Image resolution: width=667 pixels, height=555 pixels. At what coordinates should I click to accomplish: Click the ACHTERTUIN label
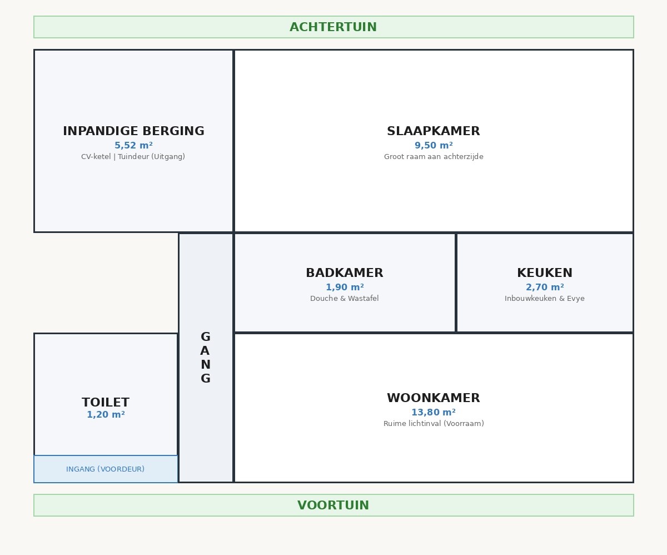click(x=333, y=27)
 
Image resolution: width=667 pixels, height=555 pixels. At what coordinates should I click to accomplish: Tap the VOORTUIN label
click(x=333, y=506)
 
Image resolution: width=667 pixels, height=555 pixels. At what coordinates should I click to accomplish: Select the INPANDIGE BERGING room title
click(x=133, y=131)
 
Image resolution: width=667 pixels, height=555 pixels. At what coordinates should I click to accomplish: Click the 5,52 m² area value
click(x=133, y=146)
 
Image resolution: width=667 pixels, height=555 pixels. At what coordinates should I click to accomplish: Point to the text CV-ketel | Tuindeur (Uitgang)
click(x=133, y=157)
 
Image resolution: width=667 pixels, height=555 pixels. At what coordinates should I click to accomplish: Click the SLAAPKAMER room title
click(x=434, y=131)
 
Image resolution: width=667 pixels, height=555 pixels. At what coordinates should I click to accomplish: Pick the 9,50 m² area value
click(x=434, y=146)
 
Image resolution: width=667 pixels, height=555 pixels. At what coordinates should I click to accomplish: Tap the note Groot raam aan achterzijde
click(x=434, y=157)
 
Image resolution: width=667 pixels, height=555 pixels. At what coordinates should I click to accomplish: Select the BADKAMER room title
click(x=345, y=273)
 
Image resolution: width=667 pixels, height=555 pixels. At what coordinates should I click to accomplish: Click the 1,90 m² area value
click(x=345, y=288)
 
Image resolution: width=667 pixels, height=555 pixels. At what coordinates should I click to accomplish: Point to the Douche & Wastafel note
click(x=345, y=299)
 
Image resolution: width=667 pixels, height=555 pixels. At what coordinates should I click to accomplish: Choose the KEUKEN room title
click(x=545, y=273)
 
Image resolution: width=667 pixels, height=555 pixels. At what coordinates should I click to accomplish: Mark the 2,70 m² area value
click(x=545, y=288)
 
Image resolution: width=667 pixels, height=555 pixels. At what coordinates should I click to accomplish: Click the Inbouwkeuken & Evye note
click(x=545, y=299)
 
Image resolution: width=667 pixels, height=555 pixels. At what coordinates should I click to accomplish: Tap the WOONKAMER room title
click(x=434, y=398)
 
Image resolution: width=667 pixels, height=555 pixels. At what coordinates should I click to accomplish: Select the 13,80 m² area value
click(x=434, y=413)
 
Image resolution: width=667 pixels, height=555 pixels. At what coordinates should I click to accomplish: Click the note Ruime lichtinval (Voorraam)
click(x=434, y=424)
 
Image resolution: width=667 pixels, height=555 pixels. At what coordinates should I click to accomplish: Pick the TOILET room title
click(x=106, y=402)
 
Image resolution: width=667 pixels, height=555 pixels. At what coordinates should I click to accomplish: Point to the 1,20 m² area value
click(x=106, y=415)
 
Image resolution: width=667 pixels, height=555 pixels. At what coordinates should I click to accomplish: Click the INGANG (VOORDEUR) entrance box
click(x=106, y=469)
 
